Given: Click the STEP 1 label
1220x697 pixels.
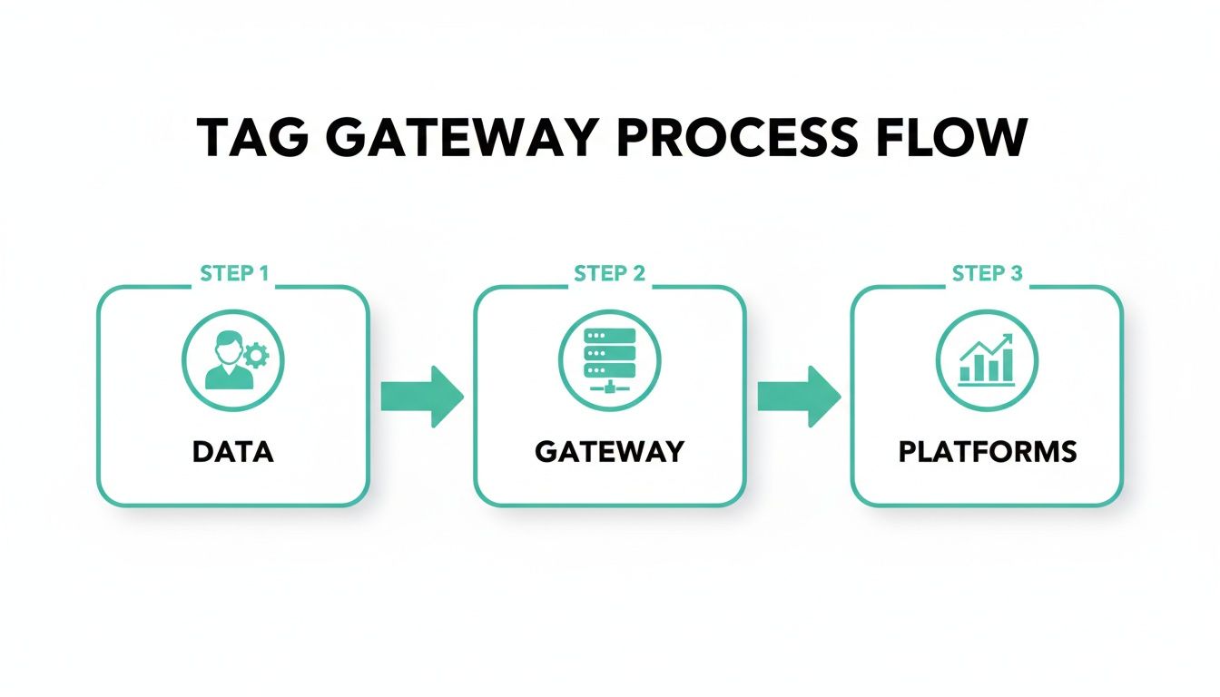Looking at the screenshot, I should (x=233, y=274).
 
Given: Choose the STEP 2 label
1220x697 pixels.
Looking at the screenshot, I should (x=610, y=274).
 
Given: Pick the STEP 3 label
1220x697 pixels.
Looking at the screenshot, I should (x=987, y=274).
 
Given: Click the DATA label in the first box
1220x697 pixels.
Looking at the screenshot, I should (x=233, y=451).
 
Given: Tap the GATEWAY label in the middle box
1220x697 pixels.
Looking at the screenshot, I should (x=610, y=451).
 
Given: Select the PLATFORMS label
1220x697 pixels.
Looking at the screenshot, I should (x=987, y=451).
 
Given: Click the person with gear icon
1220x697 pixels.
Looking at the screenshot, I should (x=233, y=360).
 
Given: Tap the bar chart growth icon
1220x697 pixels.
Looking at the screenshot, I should (x=987, y=360).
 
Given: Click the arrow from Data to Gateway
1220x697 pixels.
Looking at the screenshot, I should (x=422, y=397).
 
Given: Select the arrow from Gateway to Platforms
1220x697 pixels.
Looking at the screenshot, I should (x=799, y=397).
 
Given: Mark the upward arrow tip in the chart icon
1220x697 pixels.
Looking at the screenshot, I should (x=1008, y=339).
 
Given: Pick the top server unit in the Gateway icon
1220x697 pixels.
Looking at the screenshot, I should (x=610, y=335).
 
